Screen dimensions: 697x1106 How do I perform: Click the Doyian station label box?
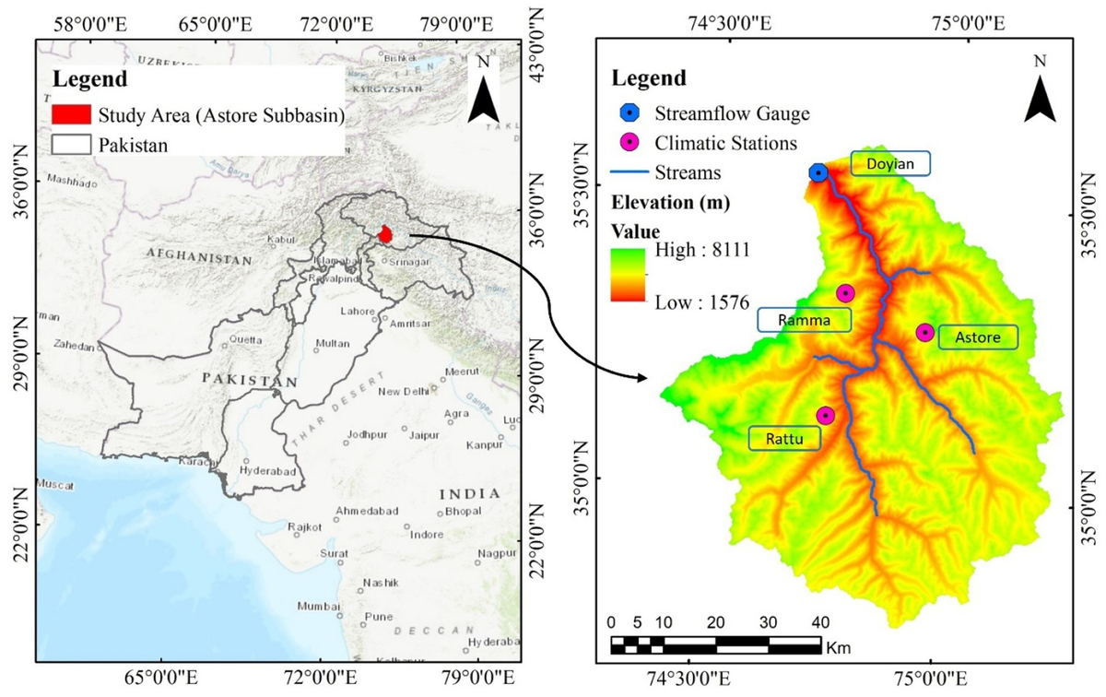tap(890, 164)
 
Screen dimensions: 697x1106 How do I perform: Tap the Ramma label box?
tap(804, 320)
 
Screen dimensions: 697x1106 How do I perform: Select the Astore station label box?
tap(978, 337)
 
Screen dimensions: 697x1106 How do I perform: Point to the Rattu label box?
tap(784, 439)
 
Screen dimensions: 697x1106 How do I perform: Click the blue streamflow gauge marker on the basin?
tap(818, 172)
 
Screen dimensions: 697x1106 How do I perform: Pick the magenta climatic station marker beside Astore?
tap(924, 333)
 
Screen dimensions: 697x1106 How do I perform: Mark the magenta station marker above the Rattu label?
tap(825, 416)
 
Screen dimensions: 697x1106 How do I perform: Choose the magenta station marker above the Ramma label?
tap(845, 293)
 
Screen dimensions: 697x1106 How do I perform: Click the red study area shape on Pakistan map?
tap(387, 235)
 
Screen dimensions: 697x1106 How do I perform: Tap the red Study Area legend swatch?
tap(71, 115)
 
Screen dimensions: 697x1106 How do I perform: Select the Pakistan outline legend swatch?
tap(71, 145)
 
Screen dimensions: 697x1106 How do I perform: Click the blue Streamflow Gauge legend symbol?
tap(629, 113)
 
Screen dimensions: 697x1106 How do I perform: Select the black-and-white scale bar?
tap(716, 645)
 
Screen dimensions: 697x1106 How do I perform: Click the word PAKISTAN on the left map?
tap(250, 380)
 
